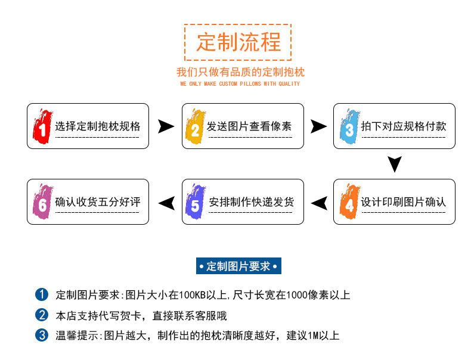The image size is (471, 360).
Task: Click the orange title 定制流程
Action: [x=237, y=42]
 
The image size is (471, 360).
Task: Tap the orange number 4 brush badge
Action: [x=349, y=203]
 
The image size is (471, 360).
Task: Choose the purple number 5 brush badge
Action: [x=195, y=203]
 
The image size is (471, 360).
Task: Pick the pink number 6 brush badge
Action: [x=42, y=203]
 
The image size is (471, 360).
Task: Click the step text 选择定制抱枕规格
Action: [x=98, y=126]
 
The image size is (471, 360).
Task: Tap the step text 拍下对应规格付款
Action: [x=404, y=126]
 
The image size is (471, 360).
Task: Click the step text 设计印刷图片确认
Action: [x=404, y=202]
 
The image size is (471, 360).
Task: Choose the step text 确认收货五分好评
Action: [x=98, y=202]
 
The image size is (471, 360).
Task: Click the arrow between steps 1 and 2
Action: [x=166, y=126]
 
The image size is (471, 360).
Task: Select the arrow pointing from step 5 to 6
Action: [x=166, y=203]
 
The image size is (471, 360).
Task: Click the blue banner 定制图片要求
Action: [x=238, y=266]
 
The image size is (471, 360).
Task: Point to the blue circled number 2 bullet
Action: [x=42, y=315]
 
